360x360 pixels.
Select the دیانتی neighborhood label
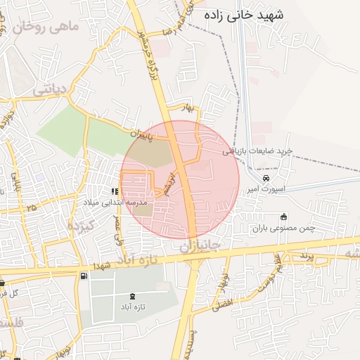(x=50, y=89)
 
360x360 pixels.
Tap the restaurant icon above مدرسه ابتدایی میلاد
(x=114, y=191)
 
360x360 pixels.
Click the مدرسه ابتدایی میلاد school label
(x=115, y=202)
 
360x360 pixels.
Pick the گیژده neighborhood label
(x=80, y=226)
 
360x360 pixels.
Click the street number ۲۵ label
(x=30, y=208)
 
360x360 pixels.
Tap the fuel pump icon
(x=85, y=275)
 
